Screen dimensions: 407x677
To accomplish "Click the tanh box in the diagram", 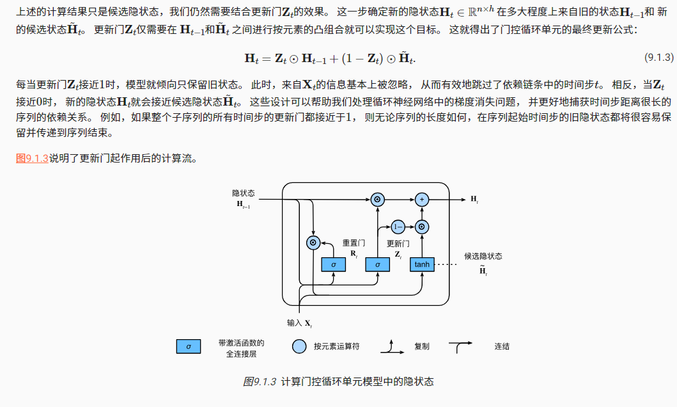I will [x=422, y=264].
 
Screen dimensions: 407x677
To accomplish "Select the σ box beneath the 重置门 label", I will [x=333, y=264].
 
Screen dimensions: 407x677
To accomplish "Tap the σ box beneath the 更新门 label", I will [x=377, y=264].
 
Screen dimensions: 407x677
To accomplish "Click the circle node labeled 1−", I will [x=398, y=227].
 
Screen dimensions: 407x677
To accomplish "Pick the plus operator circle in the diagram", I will [x=421, y=200].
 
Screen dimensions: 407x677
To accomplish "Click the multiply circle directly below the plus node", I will [x=421, y=227].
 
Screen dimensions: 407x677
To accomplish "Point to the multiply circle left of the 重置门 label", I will [x=313, y=243].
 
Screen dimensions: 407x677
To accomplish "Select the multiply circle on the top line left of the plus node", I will [x=377, y=200].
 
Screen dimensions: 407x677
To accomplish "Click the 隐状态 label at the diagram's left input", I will [x=244, y=193].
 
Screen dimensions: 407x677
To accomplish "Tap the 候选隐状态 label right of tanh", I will [x=483, y=256].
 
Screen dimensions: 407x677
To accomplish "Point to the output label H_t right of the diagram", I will [x=474, y=200].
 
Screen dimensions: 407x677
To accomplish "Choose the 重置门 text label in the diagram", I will [x=354, y=243].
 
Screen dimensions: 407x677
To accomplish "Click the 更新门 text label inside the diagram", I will [x=398, y=244].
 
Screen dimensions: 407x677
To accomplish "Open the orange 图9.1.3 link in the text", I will [x=32, y=159].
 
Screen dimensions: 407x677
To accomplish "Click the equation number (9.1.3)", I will [x=658, y=58].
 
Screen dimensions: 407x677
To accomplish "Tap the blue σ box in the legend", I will [x=189, y=346].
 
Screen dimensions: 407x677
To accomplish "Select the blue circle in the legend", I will [x=299, y=346].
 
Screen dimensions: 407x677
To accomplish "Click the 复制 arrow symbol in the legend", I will [x=389, y=347].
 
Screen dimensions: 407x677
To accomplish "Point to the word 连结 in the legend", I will [x=502, y=346].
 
